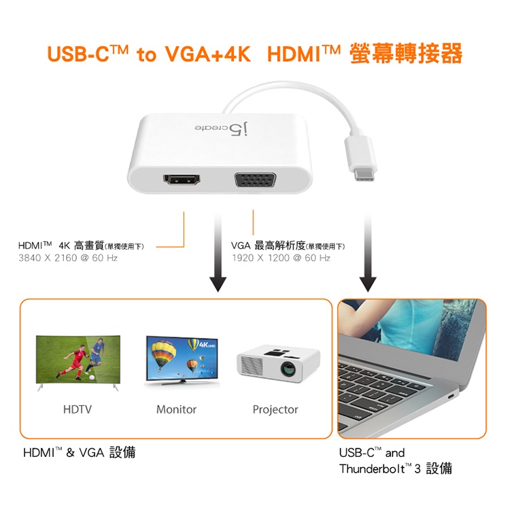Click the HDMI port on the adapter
[x=182, y=180]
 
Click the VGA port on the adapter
[x=255, y=180]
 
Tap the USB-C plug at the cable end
[x=362, y=159]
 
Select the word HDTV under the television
[x=78, y=409]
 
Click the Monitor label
[x=176, y=409]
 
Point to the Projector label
[x=275, y=409]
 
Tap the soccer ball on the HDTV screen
[x=92, y=377]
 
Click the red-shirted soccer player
[x=73, y=362]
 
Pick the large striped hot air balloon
[x=163, y=356]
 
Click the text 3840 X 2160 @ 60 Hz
[x=68, y=258]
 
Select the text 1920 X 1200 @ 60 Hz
[x=281, y=258]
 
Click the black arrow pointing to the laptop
[x=368, y=253]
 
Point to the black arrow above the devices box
[x=218, y=253]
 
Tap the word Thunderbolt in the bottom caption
[x=372, y=469]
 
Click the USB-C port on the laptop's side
[x=451, y=396]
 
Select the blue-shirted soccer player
[x=95, y=355]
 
